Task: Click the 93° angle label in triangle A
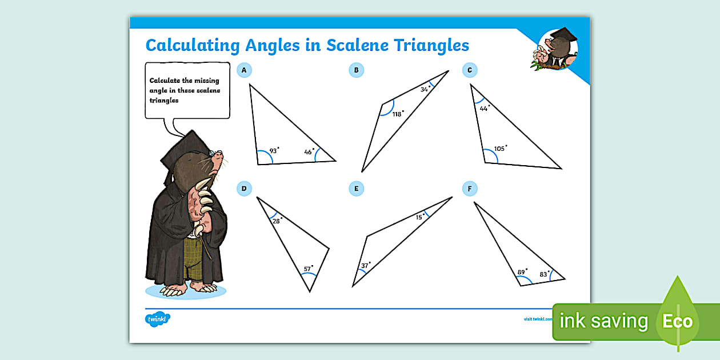pyautogui.click(x=274, y=151)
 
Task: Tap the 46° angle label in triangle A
pyautogui.click(x=309, y=152)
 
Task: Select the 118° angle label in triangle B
pyautogui.click(x=398, y=114)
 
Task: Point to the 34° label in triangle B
pyautogui.click(x=425, y=89)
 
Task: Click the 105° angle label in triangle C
pyautogui.click(x=500, y=149)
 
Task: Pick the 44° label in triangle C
pyautogui.click(x=485, y=108)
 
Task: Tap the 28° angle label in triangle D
pyautogui.click(x=277, y=221)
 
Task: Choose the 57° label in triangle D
pyautogui.click(x=308, y=269)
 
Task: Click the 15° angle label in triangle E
pyautogui.click(x=420, y=217)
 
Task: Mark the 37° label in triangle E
pyautogui.click(x=365, y=265)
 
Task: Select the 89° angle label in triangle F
pyautogui.click(x=522, y=272)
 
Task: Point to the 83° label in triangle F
pyautogui.click(x=545, y=274)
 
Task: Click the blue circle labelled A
pyautogui.click(x=244, y=70)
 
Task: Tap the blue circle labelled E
pyautogui.click(x=356, y=189)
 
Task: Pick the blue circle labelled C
pyautogui.click(x=469, y=70)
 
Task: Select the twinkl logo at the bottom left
pyautogui.click(x=158, y=319)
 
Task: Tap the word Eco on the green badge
pyautogui.click(x=677, y=321)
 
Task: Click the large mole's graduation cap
pyautogui.click(x=182, y=151)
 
